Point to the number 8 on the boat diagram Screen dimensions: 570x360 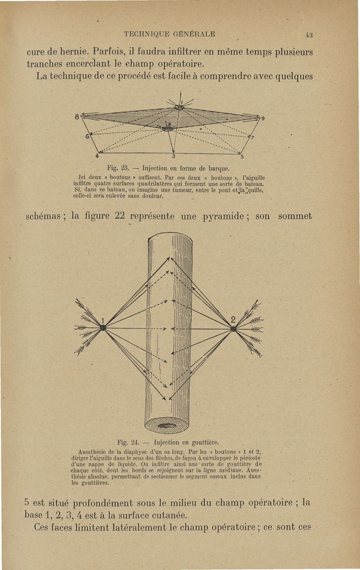coord(77,116)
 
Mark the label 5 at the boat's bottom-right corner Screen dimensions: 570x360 coord(242,157)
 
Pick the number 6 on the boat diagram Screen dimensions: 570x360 coord(89,134)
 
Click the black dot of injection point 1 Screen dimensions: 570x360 coord(103,328)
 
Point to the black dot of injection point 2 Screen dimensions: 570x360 coord(233,329)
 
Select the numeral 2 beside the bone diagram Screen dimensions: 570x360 coord(233,320)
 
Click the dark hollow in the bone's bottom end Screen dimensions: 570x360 coord(167,425)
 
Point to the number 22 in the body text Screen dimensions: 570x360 coord(119,217)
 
